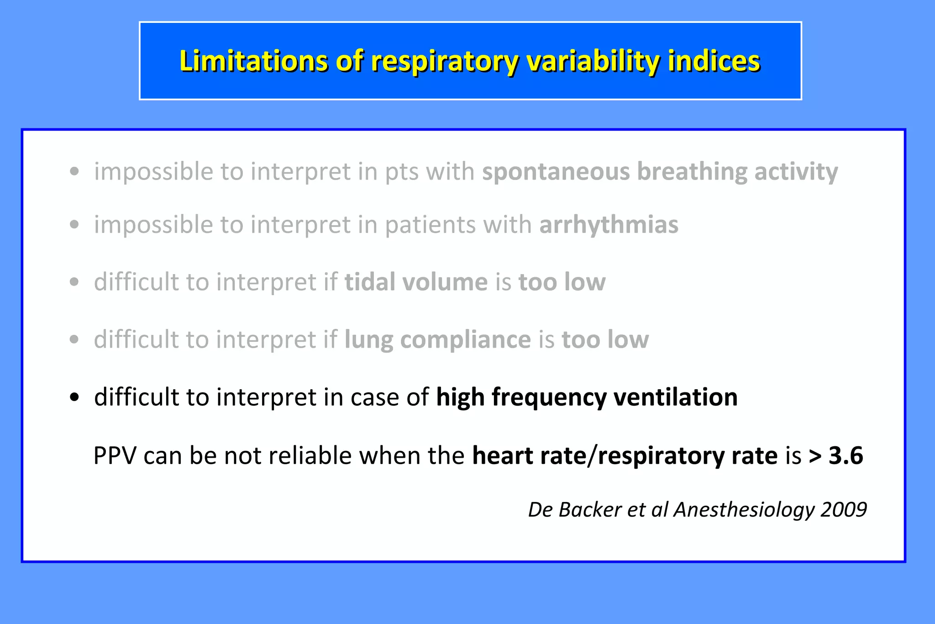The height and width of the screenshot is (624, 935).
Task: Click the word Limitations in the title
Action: [253, 61]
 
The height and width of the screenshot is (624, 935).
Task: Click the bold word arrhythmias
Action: [609, 225]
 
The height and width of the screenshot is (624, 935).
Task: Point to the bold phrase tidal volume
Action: [416, 282]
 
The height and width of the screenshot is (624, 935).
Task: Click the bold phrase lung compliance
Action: [437, 339]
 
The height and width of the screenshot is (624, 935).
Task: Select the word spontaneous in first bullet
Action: [556, 172]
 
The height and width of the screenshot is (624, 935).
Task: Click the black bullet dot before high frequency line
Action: [74, 397]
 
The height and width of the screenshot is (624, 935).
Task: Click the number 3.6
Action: [846, 455]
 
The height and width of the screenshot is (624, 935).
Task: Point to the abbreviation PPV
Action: [115, 455]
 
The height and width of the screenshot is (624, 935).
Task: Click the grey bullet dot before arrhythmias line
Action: [74, 225]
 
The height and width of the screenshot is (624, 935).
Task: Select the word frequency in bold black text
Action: [549, 397]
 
